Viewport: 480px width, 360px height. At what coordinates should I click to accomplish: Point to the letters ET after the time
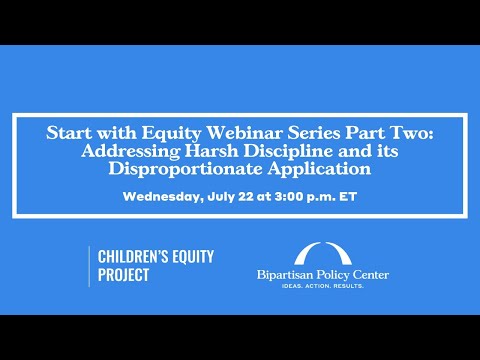pos(348,196)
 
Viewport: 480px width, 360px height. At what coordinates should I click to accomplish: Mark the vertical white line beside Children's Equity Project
pos(89,265)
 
